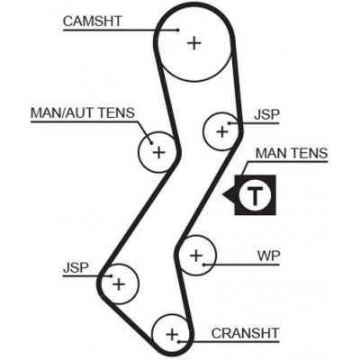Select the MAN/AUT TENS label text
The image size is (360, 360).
pyautogui.click(x=83, y=113)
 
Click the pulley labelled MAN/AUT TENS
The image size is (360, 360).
pyautogui.click(x=159, y=152)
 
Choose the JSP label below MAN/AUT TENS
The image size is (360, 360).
pyautogui.click(x=76, y=267)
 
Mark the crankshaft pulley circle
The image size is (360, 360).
pyautogui.click(x=171, y=334)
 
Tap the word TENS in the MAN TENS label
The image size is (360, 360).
pyautogui.click(x=309, y=154)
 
